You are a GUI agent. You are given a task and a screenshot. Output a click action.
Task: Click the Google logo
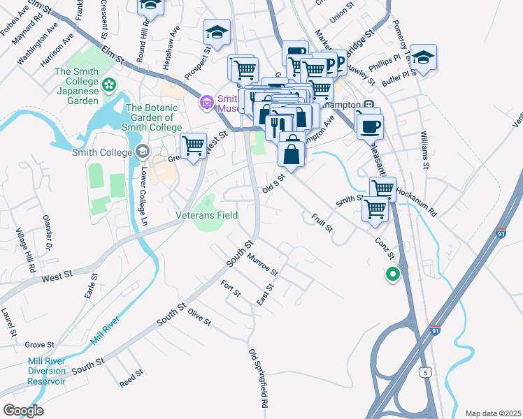point(23,411)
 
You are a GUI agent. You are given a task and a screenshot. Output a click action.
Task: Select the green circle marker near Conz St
point(392,275)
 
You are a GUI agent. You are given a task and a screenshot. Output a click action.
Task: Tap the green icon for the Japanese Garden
point(108,86)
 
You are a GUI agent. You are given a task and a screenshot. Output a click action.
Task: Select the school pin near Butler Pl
point(423,57)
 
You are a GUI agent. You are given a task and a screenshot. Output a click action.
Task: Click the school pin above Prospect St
point(217,32)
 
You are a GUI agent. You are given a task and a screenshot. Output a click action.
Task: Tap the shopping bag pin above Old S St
point(292,152)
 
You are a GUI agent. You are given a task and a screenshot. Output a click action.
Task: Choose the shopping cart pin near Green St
point(194,146)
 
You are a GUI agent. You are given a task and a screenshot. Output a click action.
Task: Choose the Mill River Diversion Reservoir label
point(47,371)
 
